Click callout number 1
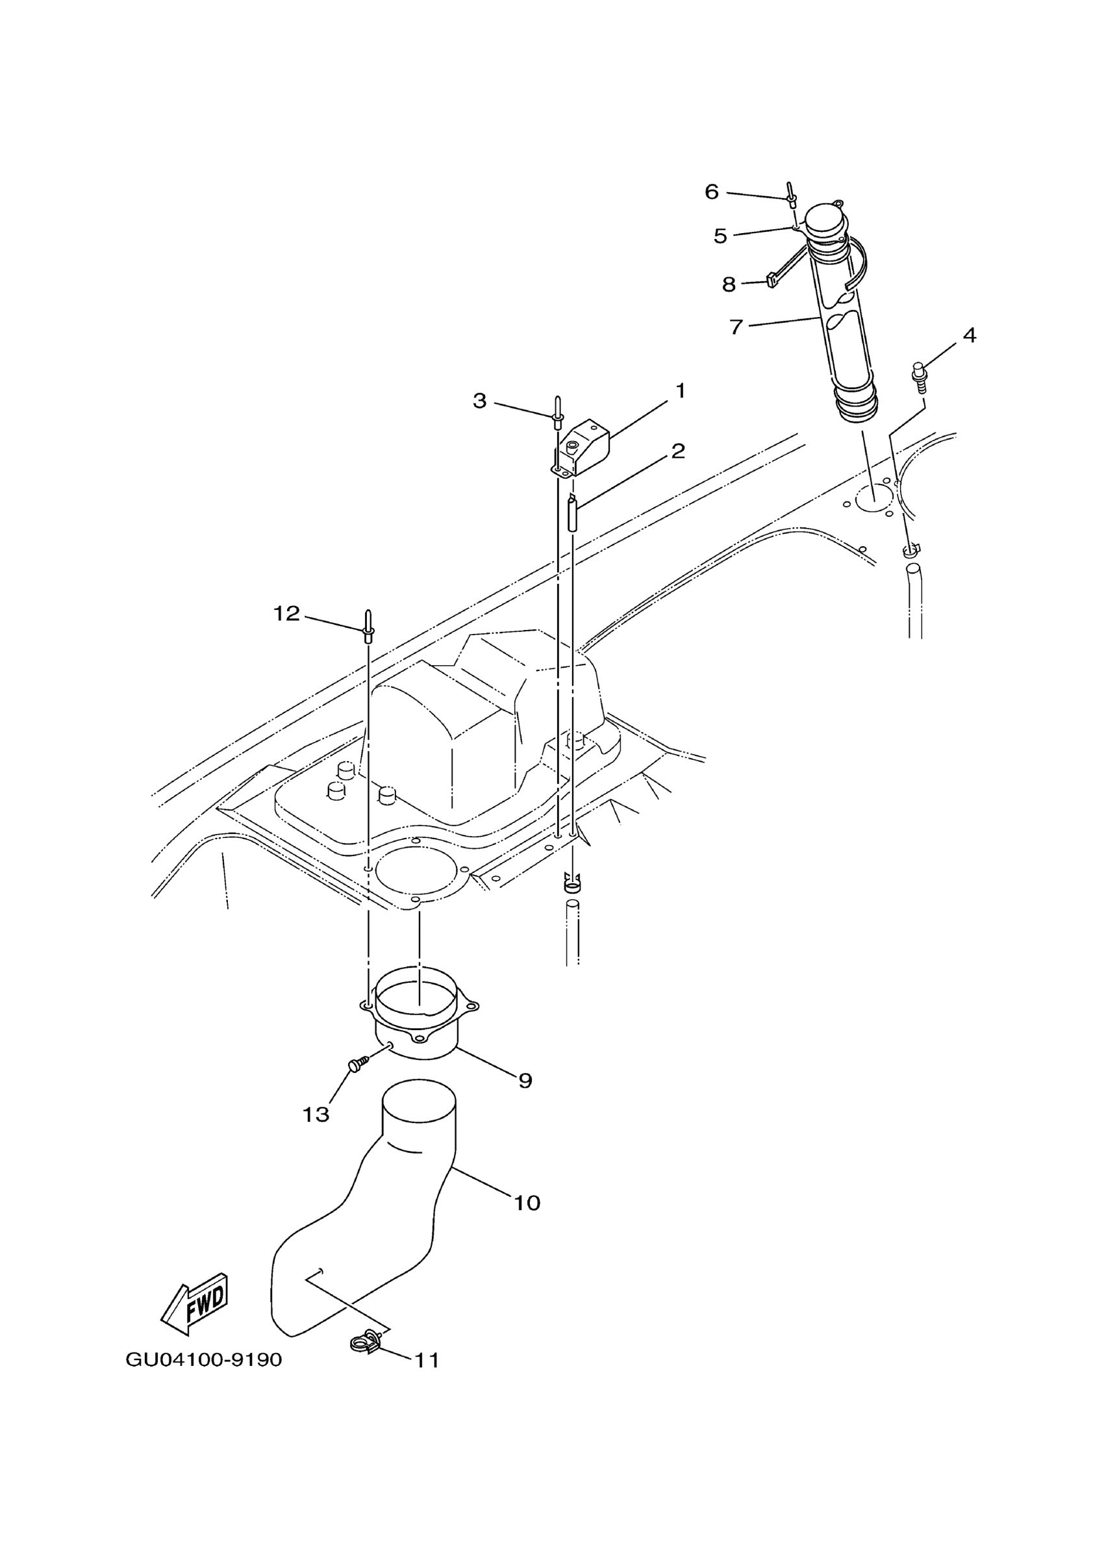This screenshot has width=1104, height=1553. pos(680,391)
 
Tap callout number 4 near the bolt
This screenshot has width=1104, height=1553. pos(970,335)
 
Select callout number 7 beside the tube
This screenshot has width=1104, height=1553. pos(736,327)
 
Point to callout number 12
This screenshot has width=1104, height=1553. pos(286,614)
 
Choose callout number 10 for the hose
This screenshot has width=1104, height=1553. pos(527,1203)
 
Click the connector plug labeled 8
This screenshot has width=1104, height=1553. pos(772,279)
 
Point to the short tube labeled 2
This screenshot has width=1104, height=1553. pos(571,514)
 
